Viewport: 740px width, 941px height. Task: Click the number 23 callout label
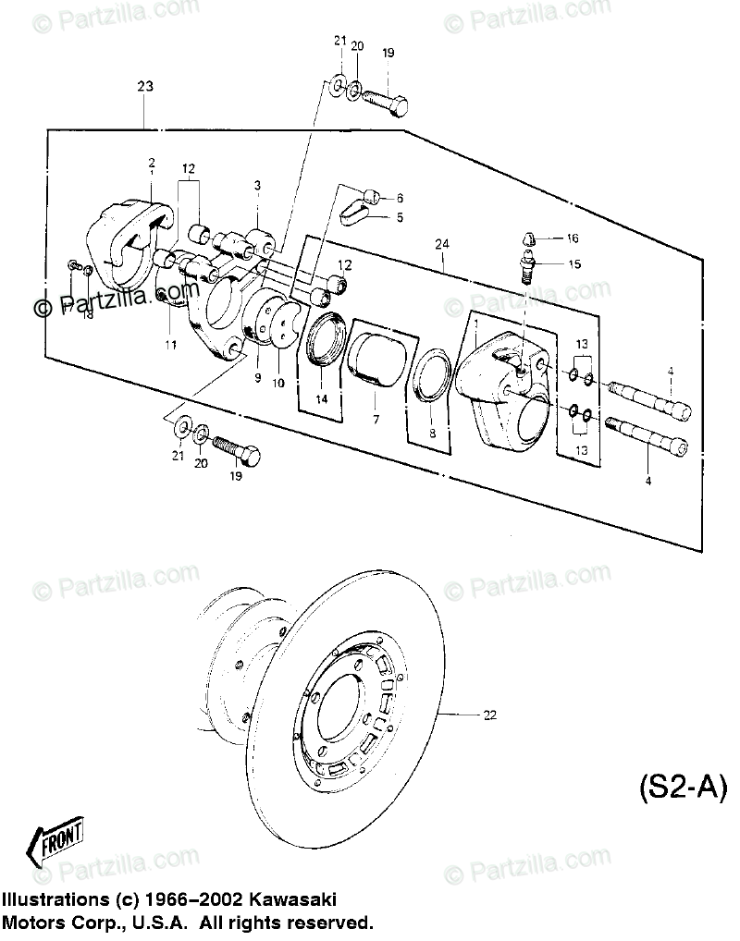pyautogui.click(x=144, y=86)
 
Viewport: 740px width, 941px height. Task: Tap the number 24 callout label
pyautogui.click(x=442, y=245)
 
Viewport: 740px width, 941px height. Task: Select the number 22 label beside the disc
pyautogui.click(x=488, y=715)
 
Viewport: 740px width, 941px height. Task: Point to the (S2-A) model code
pyautogui.click(x=683, y=788)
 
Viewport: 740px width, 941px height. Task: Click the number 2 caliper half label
pyautogui.click(x=152, y=163)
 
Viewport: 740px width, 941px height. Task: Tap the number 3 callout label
pyautogui.click(x=258, y=185)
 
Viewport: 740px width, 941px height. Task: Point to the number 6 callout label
pyautogui.click(x=400, y=198)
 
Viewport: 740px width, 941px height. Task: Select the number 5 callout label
pyautogui.click(x=400, y=218)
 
